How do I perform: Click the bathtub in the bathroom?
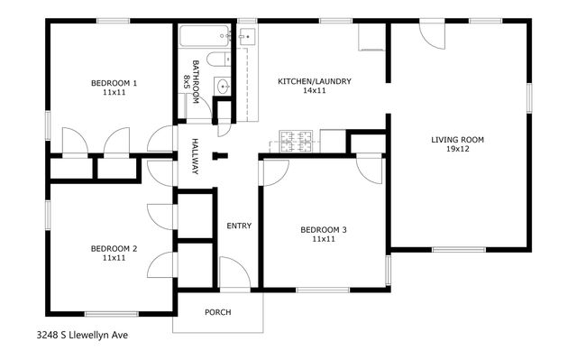click(205, 39)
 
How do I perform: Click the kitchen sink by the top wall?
click(247, 37)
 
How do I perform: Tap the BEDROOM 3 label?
click(323, 230)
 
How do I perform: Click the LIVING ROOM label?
click(457, 140)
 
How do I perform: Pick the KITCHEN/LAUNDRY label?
click(314, 81)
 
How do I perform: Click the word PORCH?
click(217, 312)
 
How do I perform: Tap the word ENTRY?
click(239, 226)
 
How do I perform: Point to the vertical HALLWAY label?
click(194, 156)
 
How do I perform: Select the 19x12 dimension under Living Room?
click(457, 150)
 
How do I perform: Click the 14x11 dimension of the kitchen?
click(314, 91)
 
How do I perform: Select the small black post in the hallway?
click(217, 155)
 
